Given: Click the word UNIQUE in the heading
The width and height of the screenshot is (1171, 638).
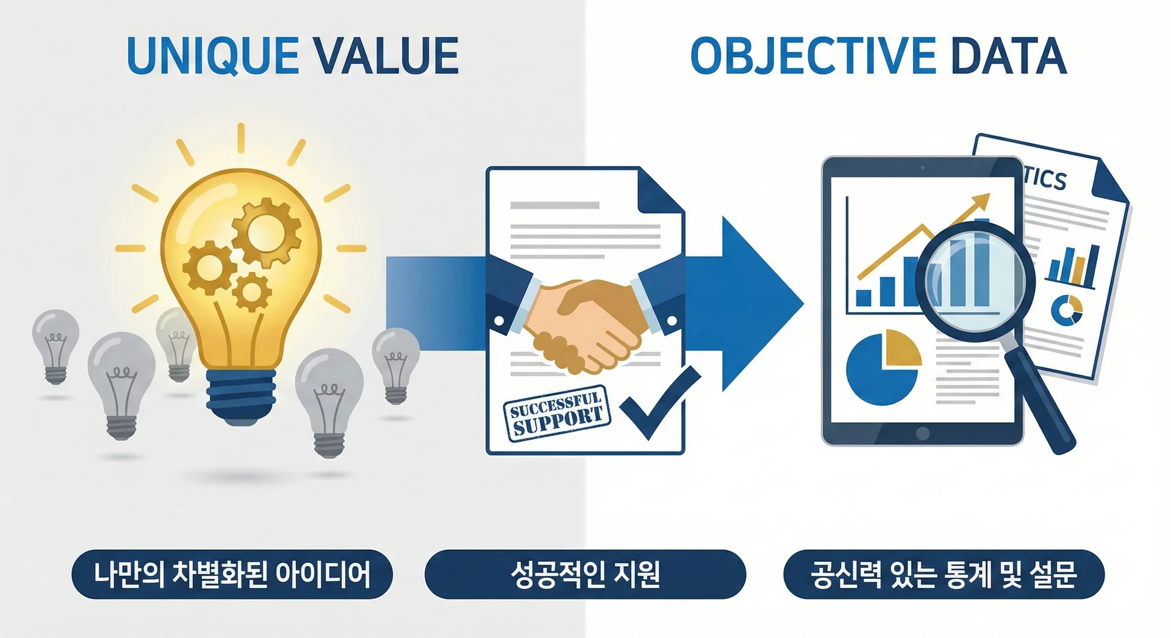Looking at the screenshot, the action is tap(212, 56).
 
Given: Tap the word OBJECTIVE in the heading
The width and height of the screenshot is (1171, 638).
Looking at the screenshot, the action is tap(813, 56).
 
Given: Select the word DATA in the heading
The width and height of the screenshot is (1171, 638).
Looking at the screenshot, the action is tap(1008, 56).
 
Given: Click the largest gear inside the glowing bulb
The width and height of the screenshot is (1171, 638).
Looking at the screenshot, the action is tap(267, 232).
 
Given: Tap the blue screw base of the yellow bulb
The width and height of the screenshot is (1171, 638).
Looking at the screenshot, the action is tap(241, 396).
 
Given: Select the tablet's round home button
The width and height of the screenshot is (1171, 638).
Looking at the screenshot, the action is tap(923, 433).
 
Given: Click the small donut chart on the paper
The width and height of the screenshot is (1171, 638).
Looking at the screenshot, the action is tap(1067, 310).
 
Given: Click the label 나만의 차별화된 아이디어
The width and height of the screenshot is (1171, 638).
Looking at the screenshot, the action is tap(232, 575).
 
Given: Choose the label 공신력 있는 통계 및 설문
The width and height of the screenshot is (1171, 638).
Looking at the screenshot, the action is tap(944, 575).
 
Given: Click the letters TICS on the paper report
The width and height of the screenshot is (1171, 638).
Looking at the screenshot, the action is tap(1044, 177).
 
